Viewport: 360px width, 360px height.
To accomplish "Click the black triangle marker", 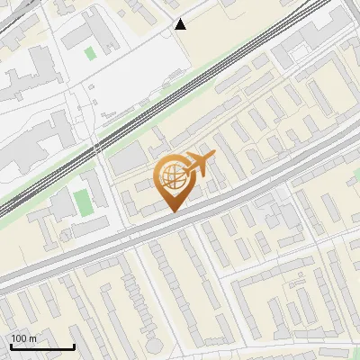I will click(181, 24).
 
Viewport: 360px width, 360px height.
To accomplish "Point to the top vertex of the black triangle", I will click(181, 19).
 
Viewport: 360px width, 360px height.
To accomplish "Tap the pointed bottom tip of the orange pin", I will click(173, 211).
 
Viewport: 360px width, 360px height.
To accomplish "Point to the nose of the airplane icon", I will click(215, 157).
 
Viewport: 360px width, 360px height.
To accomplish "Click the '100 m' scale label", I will click(23, 338).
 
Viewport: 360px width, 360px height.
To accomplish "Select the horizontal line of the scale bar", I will click(42, 346).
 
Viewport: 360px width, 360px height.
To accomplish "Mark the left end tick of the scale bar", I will click(11, 345).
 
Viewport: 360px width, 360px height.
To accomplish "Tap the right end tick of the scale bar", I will click(74, 345).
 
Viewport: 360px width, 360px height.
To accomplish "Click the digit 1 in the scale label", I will click(13, 338).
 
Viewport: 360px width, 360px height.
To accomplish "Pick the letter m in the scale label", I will click(33, 338).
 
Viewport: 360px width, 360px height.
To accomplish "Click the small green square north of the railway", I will click(90, 52).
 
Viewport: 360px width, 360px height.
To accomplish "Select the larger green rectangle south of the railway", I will click(83, 202).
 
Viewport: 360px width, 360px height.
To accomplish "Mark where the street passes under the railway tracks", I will click(96, 152).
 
